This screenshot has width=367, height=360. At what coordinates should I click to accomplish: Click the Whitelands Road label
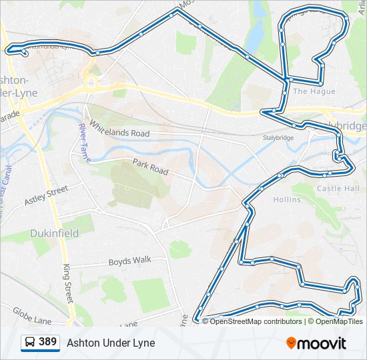(x=120, y=129)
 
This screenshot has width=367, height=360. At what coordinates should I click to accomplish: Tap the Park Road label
(x=150, y=167)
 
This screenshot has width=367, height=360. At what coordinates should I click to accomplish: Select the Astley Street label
(x=46, y=195)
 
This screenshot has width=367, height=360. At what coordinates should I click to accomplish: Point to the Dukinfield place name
(x=54, y=233)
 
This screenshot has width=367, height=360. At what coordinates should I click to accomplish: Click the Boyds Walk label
(x=130, y=261)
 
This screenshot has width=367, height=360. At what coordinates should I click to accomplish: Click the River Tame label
(x=83, y=139)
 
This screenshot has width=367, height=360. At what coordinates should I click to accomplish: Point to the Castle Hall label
(x=338, y=189)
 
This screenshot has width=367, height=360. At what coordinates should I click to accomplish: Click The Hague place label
(x=309, y=91)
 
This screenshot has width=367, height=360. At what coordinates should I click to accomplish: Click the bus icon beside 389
(x=30, y=343)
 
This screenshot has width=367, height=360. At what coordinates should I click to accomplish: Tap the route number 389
(x=47, y=342)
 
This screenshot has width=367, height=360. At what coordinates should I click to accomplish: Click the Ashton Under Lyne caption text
(x=111, y=343)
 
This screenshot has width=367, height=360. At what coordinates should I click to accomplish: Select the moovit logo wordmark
(x=322, y=343)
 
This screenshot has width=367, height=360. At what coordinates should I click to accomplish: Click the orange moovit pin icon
(x=291, y=343)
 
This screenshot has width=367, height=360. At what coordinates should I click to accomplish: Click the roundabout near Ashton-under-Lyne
(x=91, y=84)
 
